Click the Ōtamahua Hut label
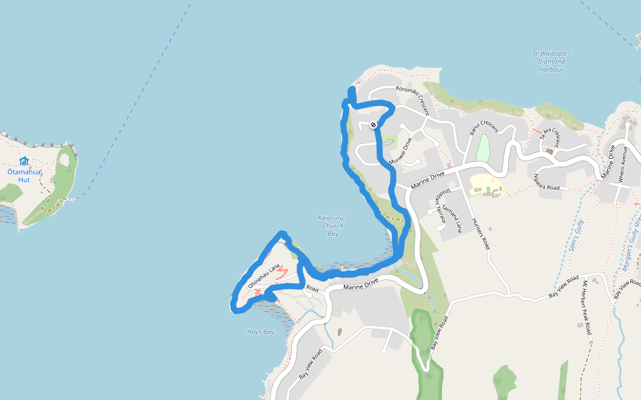(24, 175)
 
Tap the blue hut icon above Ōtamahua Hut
(24, 161)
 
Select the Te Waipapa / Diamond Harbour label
(551, 61)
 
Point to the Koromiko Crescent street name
(413, 99)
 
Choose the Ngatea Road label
(546, 181)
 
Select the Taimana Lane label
(451, 219)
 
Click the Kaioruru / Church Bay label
(333, 225)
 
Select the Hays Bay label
(260, 332)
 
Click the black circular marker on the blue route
(373, 125)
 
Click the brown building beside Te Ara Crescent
(550, 151)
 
